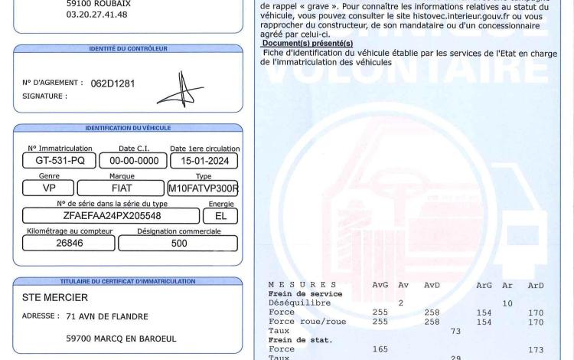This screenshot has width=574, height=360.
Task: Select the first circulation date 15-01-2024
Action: (x=204, y=161)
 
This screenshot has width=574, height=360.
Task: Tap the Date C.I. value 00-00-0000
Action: (x=133, y=161)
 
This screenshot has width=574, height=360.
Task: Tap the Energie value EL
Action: (x=221, y=216)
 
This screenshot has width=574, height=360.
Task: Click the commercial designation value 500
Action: (x=178, y=244)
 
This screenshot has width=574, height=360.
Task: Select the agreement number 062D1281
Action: (x=113, y=83)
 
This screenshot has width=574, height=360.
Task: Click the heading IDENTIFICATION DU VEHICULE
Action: (x=127, y=128)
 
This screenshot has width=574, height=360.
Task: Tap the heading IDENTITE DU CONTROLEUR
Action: (x=127, y=48)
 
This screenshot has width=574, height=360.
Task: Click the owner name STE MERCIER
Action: (x=54, y=297)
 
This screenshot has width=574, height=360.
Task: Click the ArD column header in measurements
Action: (x=536, y=285)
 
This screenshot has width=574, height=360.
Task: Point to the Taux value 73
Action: (x=456, y=331)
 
